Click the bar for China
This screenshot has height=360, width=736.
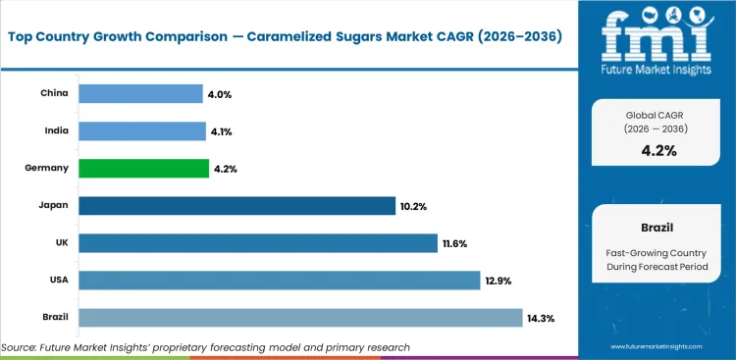139,93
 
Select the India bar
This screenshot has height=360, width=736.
140,130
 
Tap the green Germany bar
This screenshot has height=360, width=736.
143,168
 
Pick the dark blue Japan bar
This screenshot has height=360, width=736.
237,205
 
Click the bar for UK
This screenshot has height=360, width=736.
257,242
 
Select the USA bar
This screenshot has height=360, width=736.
279,281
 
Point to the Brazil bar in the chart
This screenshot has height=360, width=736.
299,318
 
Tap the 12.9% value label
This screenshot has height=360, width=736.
499,281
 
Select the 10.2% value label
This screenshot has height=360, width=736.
412,206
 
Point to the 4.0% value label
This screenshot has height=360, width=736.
218,94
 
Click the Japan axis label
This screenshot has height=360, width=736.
53,206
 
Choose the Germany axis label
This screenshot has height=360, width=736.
47,168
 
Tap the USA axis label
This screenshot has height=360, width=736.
57,281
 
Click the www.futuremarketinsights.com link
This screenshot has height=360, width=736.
658,347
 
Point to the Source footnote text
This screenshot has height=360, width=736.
206,347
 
